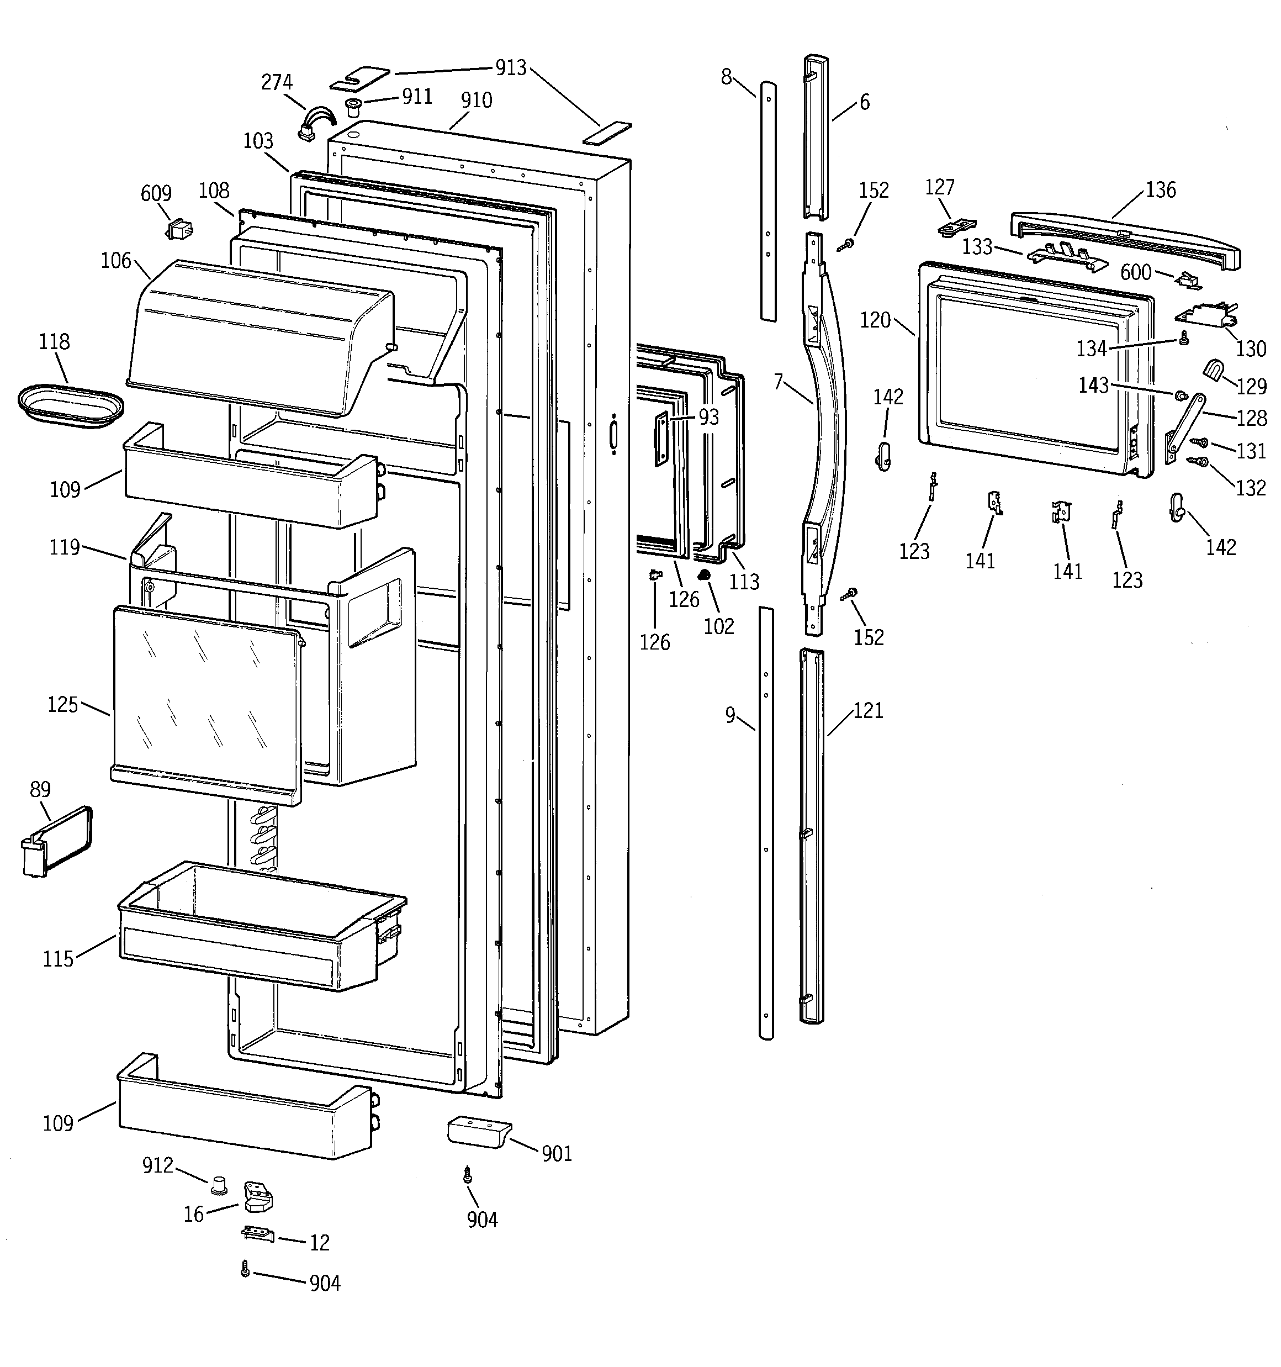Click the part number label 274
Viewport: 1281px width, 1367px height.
pos(277,82)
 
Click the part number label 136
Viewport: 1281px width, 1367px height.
pos(1161,190)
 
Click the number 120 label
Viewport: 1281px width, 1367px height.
pos(875,320)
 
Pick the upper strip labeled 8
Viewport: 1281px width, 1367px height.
pos(768,199)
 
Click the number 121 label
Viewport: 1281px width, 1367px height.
pos(868,710)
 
